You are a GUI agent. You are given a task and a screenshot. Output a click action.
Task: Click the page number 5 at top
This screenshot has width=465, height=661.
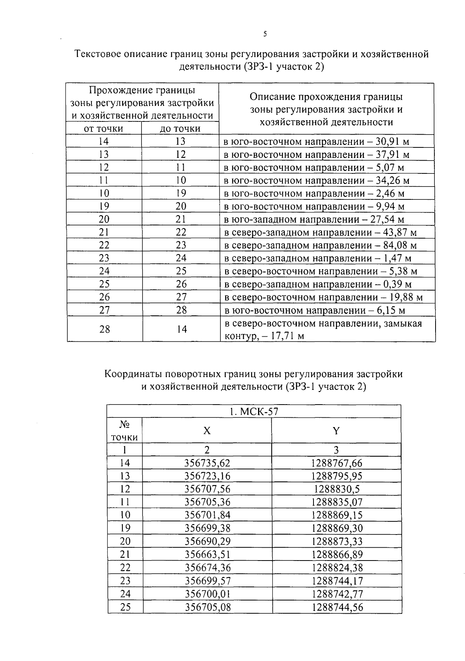265,34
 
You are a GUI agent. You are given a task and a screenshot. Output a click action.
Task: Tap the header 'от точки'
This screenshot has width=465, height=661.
103,128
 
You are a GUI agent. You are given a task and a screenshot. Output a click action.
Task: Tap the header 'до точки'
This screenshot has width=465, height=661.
180,128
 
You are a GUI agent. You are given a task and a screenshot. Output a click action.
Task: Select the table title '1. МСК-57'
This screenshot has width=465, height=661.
254,411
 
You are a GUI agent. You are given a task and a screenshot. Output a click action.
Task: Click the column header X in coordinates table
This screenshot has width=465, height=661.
207,431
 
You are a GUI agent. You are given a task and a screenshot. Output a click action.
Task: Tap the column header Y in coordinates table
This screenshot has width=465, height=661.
336,431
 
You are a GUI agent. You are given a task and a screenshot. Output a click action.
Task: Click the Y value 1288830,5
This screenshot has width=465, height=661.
337,489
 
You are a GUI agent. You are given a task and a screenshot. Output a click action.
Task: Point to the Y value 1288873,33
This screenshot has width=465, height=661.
337,541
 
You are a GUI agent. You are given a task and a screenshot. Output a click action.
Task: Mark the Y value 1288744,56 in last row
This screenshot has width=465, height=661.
337,607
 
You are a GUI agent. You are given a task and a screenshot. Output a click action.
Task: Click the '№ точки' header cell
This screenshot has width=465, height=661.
124,431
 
